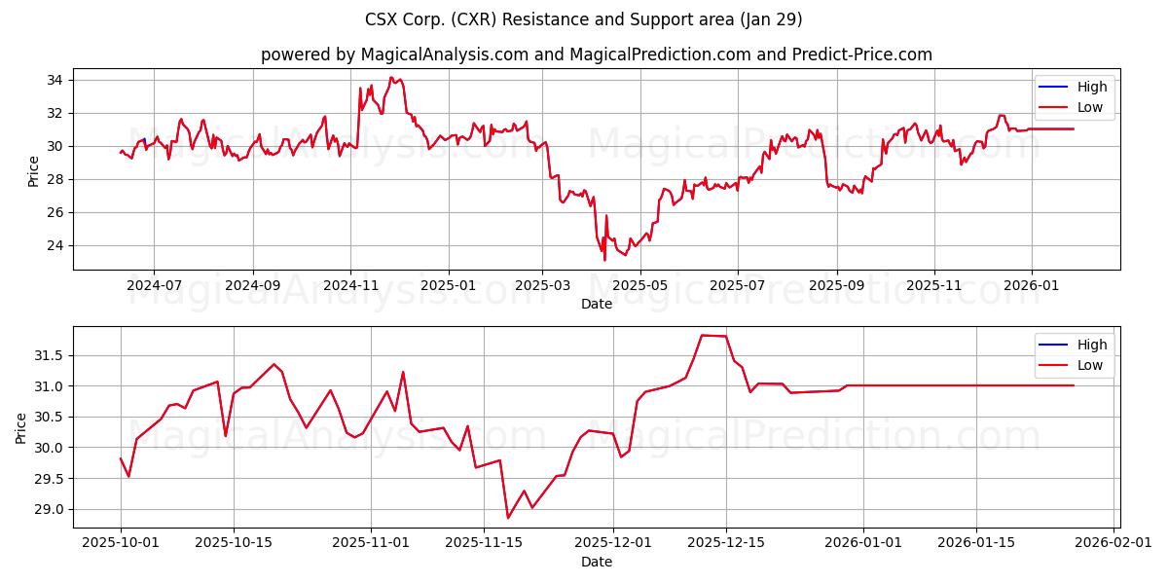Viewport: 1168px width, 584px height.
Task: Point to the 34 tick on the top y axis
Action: click(x=55, y=80)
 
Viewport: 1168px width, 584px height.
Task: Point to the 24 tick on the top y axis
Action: click(x=55, y=245)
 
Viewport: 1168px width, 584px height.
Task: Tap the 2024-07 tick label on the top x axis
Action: click(x=154, y=286)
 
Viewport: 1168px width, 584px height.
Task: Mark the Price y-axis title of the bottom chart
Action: click(x=21, y=426)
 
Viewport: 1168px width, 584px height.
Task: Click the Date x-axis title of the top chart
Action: click(x=596, y=304)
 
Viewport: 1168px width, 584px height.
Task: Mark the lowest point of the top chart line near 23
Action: click(x=604, y=260)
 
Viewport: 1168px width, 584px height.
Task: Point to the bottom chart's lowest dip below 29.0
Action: click(x=508, y=518)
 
